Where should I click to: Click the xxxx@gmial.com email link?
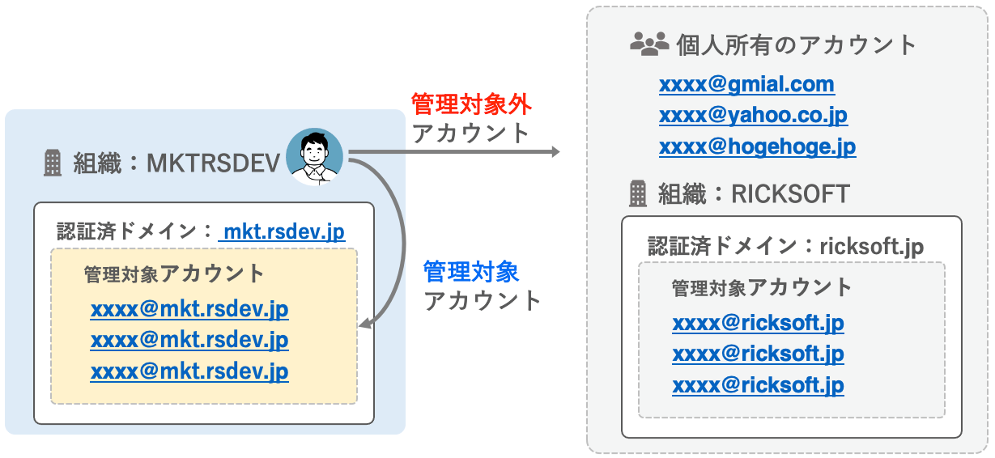click(746, 84)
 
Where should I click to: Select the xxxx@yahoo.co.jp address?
click(754, 116)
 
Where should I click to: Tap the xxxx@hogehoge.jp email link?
click(757, 147)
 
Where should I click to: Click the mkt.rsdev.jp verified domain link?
click(283, 231)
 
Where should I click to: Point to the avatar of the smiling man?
click(314, 157)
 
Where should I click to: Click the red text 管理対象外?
click(471, 104)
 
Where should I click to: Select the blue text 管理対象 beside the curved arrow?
click(471, 272)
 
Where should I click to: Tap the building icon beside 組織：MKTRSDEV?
click(53, 163)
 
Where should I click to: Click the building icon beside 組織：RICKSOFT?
click(638, 193)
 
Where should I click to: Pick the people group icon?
click(649, 44)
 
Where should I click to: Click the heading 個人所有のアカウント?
click(797, 45)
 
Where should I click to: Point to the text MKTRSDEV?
click(213, 163)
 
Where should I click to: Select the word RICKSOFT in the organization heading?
click(790, 194)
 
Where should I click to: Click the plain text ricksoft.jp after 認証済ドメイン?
click(871, 247)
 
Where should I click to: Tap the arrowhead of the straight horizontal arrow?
click(555, 152)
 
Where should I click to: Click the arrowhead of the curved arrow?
click(364, 323)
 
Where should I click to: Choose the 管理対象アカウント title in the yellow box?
click(174, 274)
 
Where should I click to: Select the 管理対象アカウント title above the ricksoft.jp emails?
click(761, 287)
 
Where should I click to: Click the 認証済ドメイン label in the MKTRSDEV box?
click(126, 231)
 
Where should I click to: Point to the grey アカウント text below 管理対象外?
click(471, 134)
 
